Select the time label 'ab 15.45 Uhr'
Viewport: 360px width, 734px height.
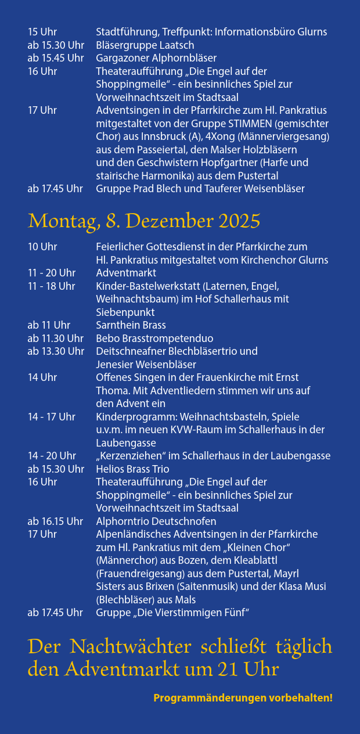[x=56, y=58]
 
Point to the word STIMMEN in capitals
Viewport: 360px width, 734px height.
[x=250, y=124]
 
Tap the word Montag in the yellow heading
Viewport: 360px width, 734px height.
[x=64, y=221]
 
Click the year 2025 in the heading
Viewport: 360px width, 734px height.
[x=239, y=221]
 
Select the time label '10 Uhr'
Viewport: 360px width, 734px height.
[x=42, y=247]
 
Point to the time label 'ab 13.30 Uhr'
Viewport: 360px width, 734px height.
[x=56, y=351]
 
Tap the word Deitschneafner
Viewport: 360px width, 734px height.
[x=131, y=351]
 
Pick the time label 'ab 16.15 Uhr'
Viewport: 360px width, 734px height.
[x=55, y=521]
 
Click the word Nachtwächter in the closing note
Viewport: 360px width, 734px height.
[x=131, y=647]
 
